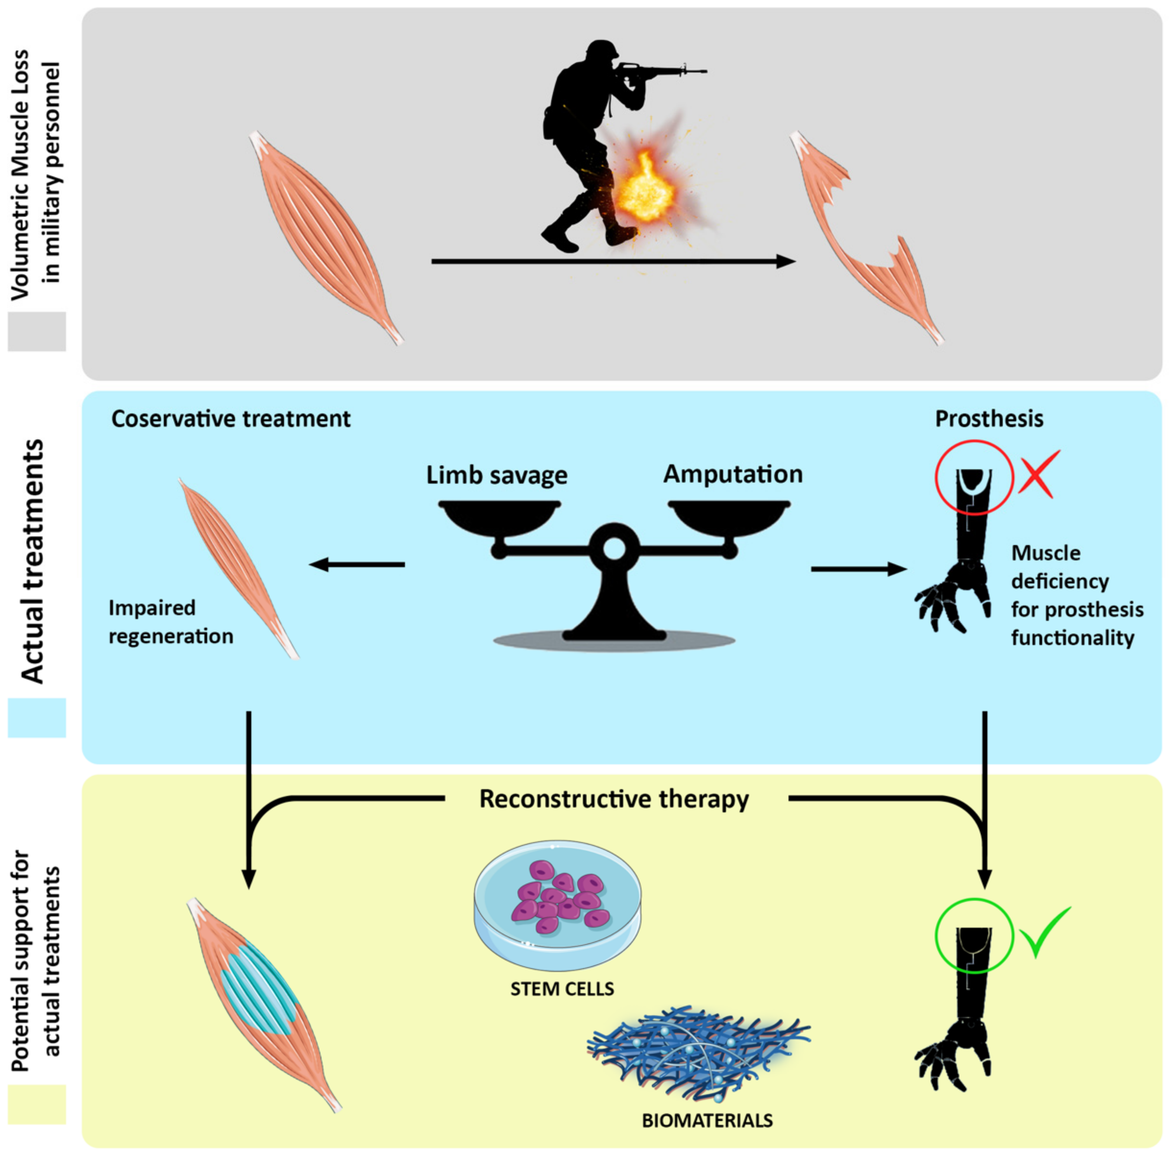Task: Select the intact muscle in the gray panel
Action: (326, 238)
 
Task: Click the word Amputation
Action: (732, 474)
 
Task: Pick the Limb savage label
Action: (497, 475)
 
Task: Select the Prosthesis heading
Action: (989, 419)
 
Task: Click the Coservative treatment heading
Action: (231, 419)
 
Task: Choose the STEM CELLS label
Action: (562, 989)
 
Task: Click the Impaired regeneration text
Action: (170, 622)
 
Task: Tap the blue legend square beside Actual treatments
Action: (36, 717)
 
